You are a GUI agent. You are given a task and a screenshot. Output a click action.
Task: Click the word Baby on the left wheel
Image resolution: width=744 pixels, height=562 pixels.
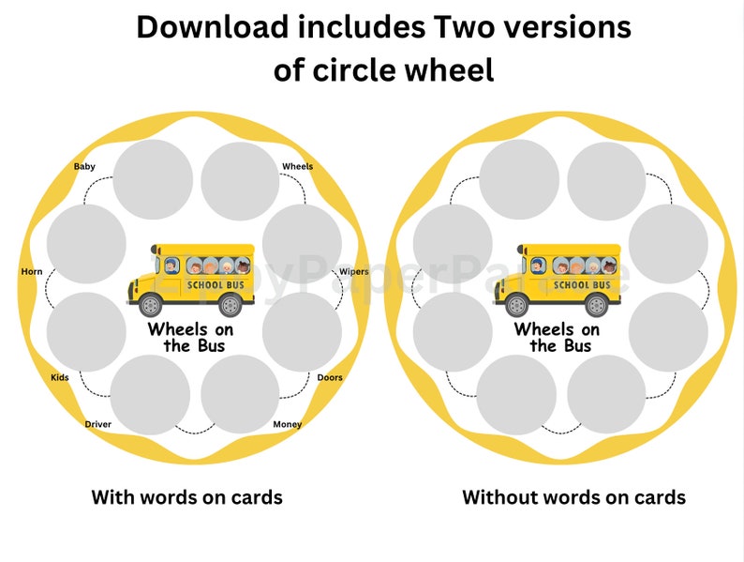[x=84, y=167]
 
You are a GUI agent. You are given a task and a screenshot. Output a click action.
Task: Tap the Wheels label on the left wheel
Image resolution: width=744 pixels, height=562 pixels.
[x=298, y=167]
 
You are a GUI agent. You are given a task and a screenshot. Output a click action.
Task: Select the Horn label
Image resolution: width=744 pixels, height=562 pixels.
[x=32, y=272]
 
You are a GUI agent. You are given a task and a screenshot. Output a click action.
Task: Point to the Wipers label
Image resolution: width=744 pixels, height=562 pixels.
[x=353, y=272]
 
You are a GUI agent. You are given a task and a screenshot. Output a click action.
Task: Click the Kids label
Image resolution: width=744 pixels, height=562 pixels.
[x=60, y=378]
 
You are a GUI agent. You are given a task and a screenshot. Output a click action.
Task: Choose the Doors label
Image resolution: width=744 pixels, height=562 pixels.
[x=330, y=378]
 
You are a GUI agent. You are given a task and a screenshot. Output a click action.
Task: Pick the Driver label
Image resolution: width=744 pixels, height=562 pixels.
[x=98, y=425]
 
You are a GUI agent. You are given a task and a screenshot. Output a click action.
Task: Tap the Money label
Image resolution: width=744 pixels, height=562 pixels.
[x=288, y=425]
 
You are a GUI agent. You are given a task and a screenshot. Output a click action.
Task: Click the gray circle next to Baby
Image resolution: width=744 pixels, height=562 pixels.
[x=153, y=180]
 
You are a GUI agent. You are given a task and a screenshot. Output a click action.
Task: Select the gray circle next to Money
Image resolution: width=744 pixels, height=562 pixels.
[x=240, y=394]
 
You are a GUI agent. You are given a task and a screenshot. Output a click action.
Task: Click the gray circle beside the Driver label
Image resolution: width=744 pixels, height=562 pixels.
[x=150, y=394]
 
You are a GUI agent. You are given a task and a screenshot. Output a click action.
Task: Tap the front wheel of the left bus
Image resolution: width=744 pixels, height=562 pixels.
[x=150, y=305]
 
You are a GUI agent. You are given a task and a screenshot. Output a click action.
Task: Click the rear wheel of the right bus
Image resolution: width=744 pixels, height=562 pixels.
[x=596, y=305]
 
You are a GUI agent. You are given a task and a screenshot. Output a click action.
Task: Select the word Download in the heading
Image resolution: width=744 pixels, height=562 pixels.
[x=212, y=27]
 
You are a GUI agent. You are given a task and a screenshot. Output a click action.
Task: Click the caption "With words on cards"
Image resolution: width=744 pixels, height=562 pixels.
[x=186, y=496]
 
